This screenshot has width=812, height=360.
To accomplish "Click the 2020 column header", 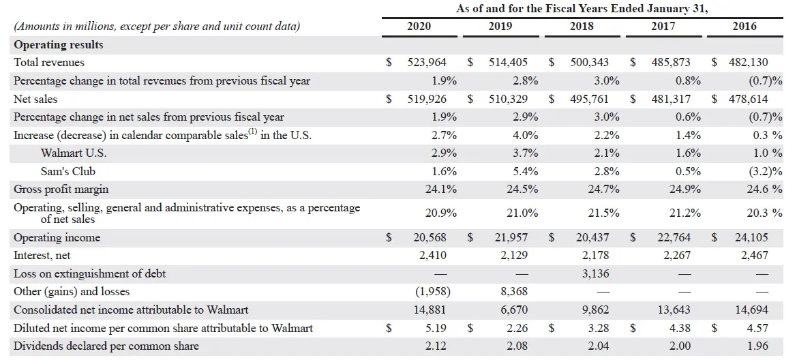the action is (x=419, y=26).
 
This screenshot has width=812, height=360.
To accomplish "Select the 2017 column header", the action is (x=663, y=26).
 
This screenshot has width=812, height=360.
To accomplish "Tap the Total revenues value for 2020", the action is (x=427, y=63).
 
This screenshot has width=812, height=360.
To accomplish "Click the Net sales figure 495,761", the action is (x=589, y=99).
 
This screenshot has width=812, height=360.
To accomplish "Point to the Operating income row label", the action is (x=57, y=238).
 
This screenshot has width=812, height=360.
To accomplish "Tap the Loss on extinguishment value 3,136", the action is (x=592, y=273).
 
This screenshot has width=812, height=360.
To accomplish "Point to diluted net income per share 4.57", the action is (x=757, y=328).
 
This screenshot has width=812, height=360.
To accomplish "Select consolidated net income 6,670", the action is (x=515, y=310).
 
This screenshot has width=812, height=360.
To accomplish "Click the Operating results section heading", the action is (x=59, y=45).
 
